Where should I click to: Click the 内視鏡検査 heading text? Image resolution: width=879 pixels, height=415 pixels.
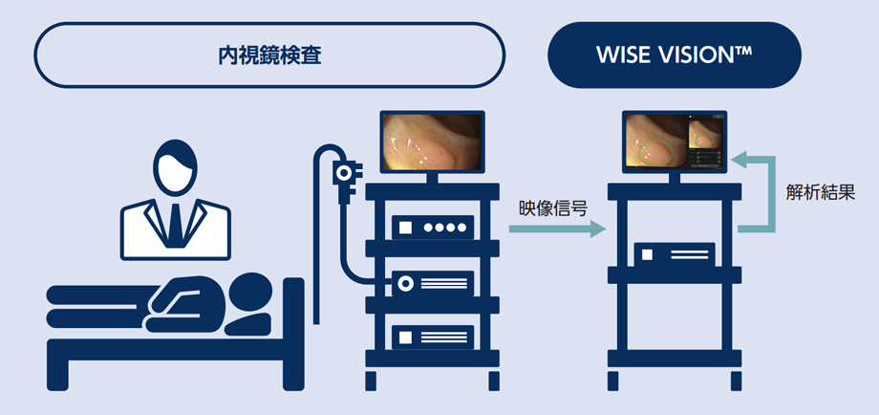click(269, 55)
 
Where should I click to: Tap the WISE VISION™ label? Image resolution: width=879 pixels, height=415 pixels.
click(674, 55)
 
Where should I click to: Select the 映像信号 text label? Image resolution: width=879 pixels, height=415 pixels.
click(553, 209)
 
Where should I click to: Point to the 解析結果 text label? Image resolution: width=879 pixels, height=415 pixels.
click(821, 193)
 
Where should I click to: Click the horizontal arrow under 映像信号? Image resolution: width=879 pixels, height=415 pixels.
click(558, 229)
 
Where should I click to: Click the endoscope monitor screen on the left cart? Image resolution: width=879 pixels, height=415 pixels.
click(431, 142)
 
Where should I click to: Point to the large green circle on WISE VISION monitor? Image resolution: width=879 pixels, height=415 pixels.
click(655, 151)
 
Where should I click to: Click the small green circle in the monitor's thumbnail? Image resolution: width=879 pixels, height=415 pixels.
click(705, 141)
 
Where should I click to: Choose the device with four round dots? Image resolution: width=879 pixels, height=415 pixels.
click(433, 228)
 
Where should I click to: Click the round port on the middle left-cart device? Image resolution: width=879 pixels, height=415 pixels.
click(404, 284)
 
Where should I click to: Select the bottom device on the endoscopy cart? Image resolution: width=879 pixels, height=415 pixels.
click(433, 337)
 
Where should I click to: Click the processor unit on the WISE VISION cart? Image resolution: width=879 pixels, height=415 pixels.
click(675, 254)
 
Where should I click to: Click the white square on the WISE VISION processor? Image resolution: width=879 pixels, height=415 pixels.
click(647, 254)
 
